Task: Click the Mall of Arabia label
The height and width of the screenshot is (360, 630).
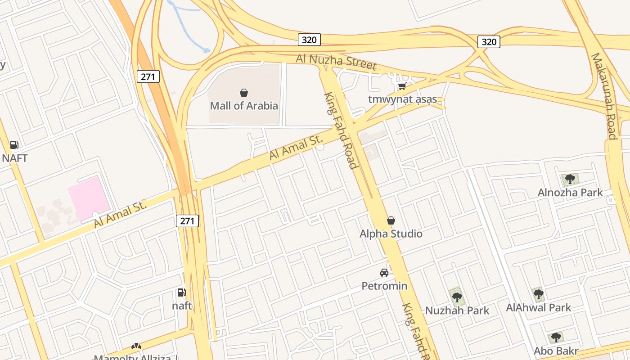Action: coord(244,106)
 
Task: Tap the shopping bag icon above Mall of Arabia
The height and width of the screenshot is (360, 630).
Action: coord(244,93)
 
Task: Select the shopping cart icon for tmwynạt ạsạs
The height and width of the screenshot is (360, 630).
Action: coord(402,86)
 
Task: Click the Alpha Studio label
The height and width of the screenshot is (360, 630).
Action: coord(391,234)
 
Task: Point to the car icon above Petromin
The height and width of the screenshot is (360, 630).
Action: coord(384,272)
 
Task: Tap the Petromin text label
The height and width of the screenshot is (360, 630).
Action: coord(384,286)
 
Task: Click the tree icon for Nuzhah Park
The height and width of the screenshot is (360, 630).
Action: coord(457,297)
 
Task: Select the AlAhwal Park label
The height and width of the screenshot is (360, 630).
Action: coord(538,308)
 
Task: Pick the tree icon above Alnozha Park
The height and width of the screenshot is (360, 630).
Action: coord(570,179)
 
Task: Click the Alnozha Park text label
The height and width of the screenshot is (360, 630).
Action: coord(570,193)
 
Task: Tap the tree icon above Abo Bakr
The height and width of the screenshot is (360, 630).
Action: coord(556,337)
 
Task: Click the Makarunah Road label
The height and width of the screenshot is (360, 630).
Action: coord(604,96)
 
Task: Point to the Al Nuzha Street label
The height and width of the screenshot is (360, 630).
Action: coord(336,62)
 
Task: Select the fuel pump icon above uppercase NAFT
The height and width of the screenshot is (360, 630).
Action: coord(14,145)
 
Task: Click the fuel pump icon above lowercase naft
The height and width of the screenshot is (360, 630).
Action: coord(181,292)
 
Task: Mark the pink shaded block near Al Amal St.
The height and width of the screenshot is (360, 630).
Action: coord(89,198)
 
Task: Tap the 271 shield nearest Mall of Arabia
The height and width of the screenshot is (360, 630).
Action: coord(148,76)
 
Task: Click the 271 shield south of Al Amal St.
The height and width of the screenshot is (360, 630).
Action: coord(187,220)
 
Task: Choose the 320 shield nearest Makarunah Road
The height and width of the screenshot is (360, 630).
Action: coord(489,42)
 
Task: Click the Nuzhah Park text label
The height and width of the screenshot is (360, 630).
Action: coord(457,310)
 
